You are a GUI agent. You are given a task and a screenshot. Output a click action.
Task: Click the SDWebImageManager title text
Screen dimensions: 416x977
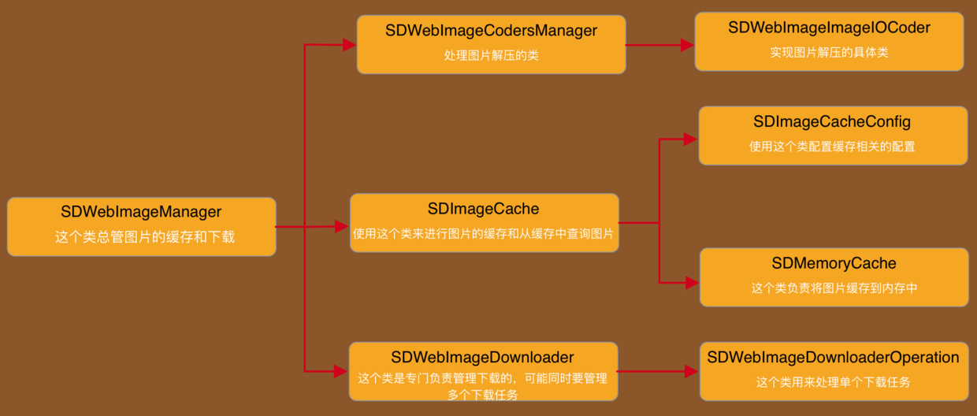coord(141,212)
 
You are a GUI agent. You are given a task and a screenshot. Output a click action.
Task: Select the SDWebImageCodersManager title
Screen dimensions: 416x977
coord(491,31)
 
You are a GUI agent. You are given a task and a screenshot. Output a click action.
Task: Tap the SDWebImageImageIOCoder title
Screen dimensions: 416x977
coord(829,28)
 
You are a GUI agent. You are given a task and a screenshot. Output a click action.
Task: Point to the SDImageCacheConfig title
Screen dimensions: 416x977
coord(832,122)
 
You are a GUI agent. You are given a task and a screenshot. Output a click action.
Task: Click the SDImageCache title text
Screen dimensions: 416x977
coord(483,209)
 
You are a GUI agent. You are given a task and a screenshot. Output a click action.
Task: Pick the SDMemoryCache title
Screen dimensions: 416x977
coord(834,263)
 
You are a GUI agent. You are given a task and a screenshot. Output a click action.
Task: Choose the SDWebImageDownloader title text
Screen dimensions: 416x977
coord(482,358)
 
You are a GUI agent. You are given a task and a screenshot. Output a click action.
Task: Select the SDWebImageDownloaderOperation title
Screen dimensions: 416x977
coord(833,358)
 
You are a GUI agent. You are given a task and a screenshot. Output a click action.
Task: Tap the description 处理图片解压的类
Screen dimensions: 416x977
coord(491,56)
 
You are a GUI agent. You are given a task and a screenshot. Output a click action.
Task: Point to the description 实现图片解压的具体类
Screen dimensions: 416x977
coord(829,53)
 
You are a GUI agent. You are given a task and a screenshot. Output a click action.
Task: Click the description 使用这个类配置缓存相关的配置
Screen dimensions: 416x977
coord(832,147)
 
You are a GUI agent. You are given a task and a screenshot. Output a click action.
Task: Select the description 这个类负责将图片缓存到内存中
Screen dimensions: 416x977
coord(834,288)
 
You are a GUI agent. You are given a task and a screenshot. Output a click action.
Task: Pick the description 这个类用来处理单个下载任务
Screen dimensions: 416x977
coord(833,383)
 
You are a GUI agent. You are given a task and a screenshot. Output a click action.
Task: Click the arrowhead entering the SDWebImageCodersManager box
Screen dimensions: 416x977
coord(350,46)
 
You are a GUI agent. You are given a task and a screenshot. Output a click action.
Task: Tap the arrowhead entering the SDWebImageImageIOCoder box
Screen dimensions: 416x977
coord(687,46)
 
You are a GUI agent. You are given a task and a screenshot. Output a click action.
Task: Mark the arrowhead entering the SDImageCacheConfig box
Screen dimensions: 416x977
coord(691,139)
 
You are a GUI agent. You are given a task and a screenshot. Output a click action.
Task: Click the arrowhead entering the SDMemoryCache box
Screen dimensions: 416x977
coord(692,281)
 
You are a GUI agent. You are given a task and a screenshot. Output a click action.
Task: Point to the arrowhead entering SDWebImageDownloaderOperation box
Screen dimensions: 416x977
coord(692,370)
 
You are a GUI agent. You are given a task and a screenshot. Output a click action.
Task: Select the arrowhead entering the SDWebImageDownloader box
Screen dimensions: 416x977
coord(342,370)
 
